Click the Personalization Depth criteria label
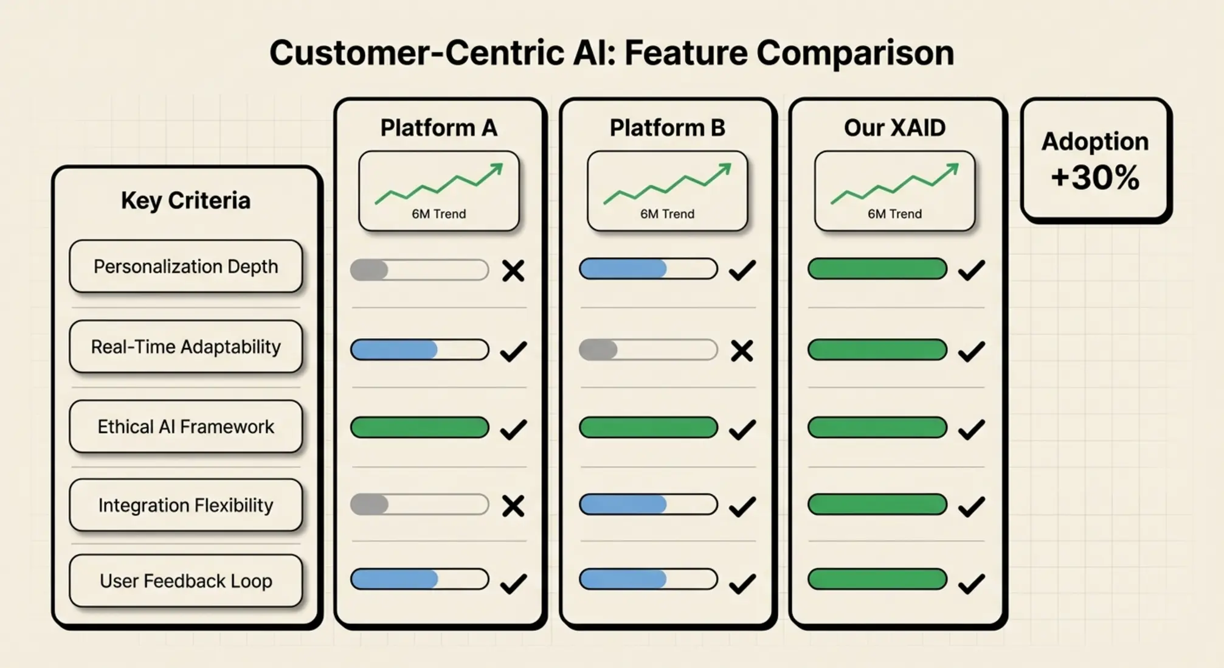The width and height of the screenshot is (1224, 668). coord(185,266)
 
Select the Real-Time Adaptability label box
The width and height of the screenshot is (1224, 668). coord(185,347)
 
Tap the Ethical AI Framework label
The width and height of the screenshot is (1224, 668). coord(185,426)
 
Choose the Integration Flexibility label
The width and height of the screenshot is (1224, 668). coord(185,505)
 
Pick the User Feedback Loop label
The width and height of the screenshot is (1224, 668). coord(185,581)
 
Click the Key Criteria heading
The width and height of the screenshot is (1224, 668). coord(185,200)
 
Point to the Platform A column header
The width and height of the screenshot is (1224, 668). coord(438,128)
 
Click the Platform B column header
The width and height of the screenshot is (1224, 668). coord(667,128)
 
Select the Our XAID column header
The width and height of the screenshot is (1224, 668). coord(894,128)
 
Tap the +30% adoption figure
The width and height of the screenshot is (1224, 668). coord(1095,178)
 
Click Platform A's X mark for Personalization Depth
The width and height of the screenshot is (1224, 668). coord(513,271)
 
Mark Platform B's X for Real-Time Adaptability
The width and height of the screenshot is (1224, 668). coord(742,351)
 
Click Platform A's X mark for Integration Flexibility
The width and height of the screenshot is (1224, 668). coord(513,506)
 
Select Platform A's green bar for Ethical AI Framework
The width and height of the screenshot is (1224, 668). coord(420,427)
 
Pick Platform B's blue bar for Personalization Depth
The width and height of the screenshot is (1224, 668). coord(623,269)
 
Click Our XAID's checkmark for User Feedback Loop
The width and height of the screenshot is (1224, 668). coord(971,583)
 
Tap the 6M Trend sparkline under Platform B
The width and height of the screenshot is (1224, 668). coord(667,185)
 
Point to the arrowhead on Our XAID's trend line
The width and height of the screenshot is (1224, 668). coord(953,169)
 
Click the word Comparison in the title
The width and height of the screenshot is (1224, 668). coord(855,53)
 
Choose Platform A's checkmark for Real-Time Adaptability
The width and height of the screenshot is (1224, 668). coord(513,351)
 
